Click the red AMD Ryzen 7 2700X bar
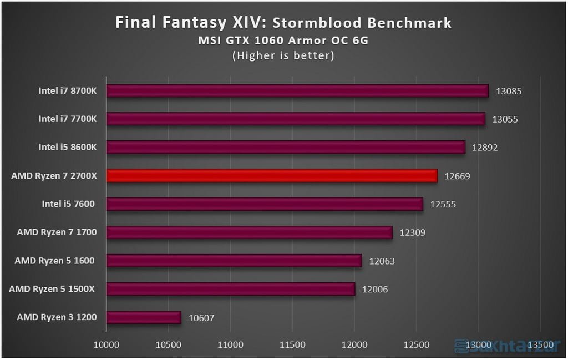click(272, 176)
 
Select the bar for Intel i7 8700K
click(297, 91)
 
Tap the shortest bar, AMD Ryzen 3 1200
click(144, 317)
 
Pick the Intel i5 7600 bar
click(265, 204)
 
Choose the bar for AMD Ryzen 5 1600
click(234, 261)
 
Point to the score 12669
click(458, 176)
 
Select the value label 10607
click(201, 318)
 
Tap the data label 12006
click(376, 290)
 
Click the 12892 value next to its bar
click(485, 148)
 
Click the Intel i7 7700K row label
click(68, 119)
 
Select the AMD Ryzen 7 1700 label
click(57, 232)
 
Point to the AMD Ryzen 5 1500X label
click(53, 289)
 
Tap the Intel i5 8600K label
click(68, 148)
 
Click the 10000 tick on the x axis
click(106, 344)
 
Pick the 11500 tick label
click(292, 344)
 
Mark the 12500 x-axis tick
click(417, 344)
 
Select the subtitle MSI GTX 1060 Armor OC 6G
click(283, 40)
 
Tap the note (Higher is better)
click(283, 55)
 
